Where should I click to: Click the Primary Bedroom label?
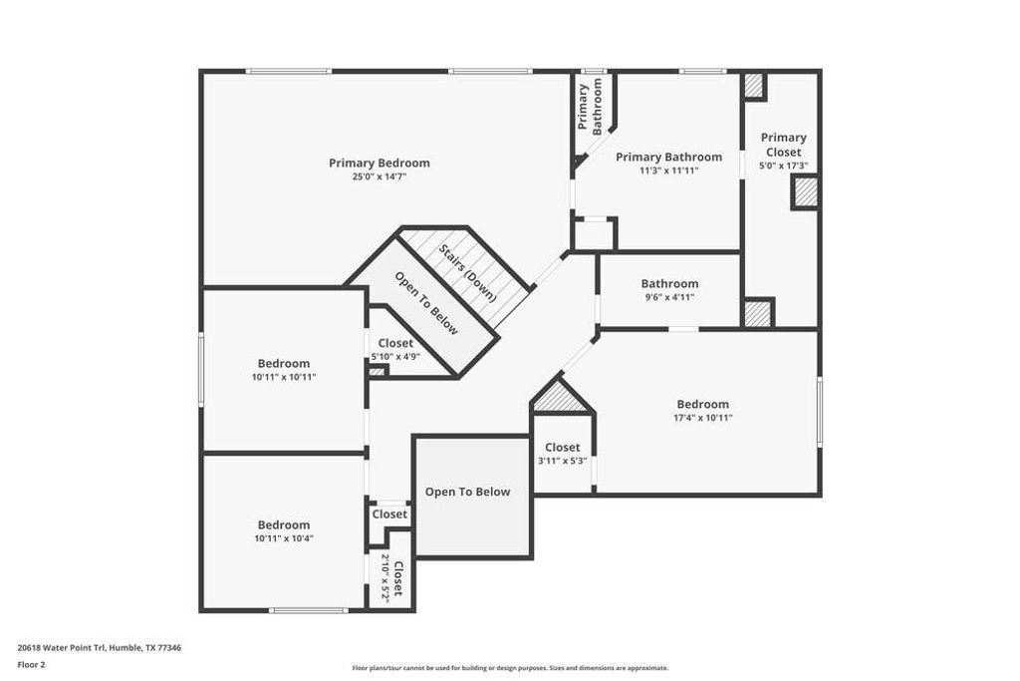tap(380, 163)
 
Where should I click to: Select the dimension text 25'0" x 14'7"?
tap(380, 176)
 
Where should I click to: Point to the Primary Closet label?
tap(783, 145)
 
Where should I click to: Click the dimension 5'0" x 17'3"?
tap(783, 167)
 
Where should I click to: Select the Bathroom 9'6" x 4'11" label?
tap(669, 283)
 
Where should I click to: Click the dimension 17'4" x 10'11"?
tap(703, 418)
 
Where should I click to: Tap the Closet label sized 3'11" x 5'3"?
tap(563, 448)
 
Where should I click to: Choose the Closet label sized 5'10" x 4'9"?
tap(395, 343)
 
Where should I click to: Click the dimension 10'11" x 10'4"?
tap(284, 538)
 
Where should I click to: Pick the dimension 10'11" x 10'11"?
tap(284, 377)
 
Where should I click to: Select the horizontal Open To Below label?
tap(467, 492)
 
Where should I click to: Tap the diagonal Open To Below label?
tap(426, 303)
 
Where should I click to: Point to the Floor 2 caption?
tap(32, 663)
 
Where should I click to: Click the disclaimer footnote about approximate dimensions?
tap(510, 668)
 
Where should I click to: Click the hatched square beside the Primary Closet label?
tap(805, 191)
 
